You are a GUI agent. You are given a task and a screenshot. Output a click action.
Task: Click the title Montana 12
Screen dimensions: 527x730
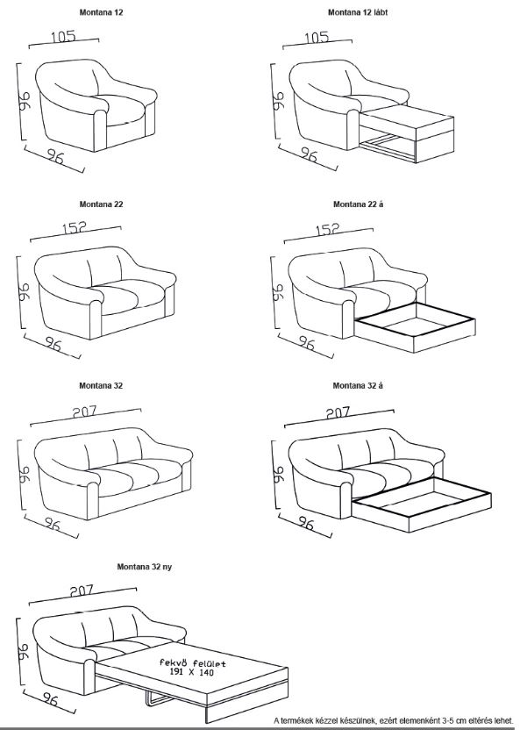[x=102, y=12]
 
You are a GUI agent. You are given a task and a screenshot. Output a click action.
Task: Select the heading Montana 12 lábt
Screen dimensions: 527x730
[x=358, y=12]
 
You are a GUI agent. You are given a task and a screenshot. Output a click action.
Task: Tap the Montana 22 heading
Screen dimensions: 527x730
[x=102, y=204]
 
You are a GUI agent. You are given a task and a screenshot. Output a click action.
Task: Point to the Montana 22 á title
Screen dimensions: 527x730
[x=358, y=204]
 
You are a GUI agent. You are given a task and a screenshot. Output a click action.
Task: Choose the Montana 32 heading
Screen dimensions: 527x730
[x=101, y=385]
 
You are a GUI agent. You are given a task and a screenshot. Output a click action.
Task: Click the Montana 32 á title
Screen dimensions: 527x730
[x=358, y=385]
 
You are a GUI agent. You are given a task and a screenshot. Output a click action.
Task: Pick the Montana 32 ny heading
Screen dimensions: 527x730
[x=144, y=567]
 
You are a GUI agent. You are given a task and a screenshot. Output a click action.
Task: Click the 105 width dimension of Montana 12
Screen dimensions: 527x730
[x=64, y=36]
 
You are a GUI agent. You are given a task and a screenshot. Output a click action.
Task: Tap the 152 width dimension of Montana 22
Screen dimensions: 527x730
[x=75, y=227]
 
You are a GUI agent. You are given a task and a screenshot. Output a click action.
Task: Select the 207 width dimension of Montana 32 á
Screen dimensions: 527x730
[x=338, y=412]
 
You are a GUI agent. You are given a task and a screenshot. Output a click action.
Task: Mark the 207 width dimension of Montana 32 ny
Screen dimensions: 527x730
[x=82, y=590]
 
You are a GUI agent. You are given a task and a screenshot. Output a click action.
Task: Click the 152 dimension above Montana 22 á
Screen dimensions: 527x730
[x=327, y=229]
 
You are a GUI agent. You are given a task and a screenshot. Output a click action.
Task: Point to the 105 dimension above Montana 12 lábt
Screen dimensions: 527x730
[x=317, y=37]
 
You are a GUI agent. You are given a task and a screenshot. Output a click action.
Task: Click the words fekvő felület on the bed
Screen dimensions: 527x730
[x=193, y=663]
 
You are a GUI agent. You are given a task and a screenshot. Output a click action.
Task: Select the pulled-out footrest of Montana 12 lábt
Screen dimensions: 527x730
[x=406, y=133]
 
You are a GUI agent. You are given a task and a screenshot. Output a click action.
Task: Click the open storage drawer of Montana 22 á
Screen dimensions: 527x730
[x=415, y=326]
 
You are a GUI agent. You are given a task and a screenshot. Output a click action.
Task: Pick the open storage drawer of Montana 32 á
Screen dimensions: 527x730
[x=422, y=505]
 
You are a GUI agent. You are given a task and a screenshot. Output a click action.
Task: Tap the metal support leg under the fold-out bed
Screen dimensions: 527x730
[x=157, y=698]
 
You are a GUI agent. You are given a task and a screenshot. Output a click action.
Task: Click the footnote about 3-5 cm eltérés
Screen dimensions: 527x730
[x=394, y=720]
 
